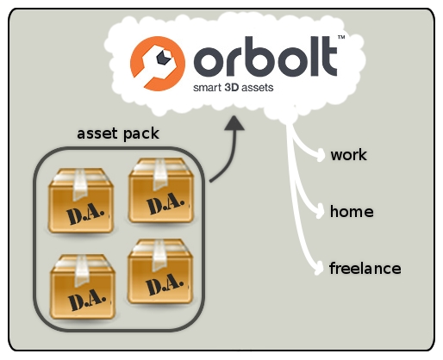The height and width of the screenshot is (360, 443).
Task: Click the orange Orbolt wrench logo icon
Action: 158,64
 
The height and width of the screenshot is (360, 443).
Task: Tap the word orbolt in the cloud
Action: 265,56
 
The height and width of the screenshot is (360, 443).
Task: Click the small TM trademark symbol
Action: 341,37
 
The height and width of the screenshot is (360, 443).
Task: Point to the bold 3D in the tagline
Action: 232,87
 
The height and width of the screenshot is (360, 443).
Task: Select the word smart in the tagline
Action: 207,88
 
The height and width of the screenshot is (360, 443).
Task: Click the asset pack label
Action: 118,133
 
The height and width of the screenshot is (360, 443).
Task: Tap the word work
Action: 348,155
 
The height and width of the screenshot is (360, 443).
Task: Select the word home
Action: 352,212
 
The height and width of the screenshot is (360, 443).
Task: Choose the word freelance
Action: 365,268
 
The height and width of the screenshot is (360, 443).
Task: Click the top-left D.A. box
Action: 81,201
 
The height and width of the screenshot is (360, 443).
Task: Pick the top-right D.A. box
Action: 161,190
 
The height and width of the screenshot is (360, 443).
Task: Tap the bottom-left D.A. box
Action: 83,287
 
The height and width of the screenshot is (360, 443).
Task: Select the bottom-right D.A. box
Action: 160,271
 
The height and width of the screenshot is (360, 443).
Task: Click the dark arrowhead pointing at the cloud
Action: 234,123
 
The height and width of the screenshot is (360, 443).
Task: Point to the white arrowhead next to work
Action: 321,155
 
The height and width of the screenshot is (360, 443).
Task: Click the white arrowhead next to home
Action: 321,212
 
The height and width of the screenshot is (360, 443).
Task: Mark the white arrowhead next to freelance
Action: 320,268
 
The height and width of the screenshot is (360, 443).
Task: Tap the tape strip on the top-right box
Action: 160,174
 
